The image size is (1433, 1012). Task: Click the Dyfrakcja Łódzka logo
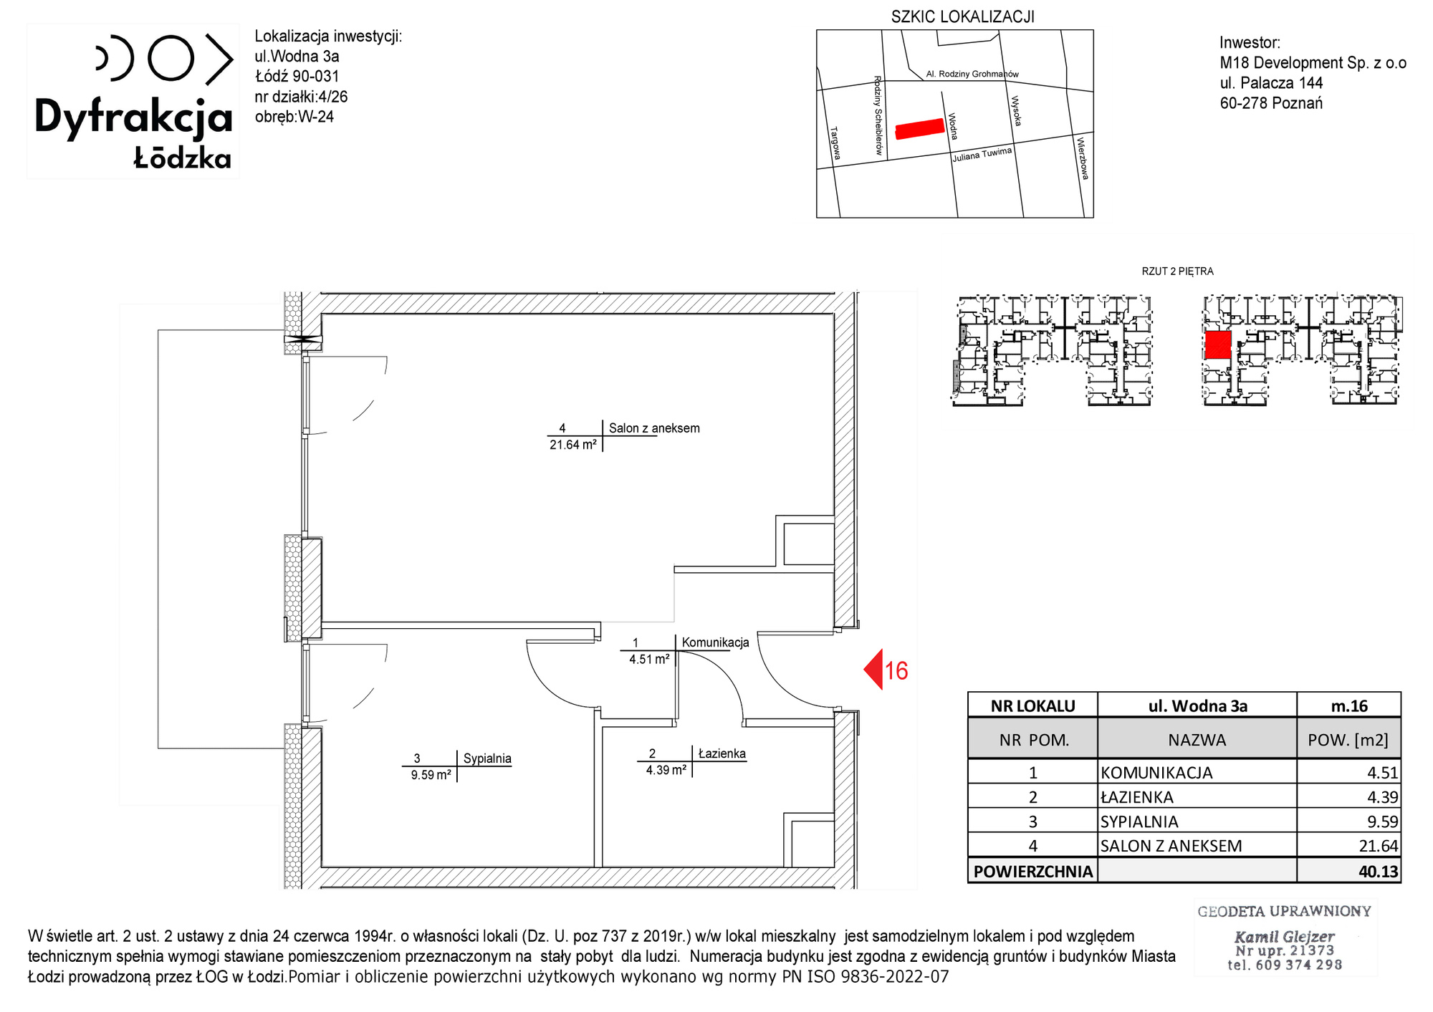click(x=134, y=101)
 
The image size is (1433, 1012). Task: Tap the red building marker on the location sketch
click(x=919, y=129)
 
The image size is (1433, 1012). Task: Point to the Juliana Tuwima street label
click(x=982, y=155)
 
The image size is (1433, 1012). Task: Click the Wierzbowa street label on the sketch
click(x=1083, y=158)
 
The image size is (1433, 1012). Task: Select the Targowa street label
click(x=835, y=143)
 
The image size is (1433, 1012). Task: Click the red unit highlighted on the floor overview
click(x=1217, y=344)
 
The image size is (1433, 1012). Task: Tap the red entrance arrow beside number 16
click(x=873, y=670)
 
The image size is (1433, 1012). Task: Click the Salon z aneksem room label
click(x=654, y=428)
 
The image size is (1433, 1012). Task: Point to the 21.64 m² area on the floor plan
click(x=573, y=445)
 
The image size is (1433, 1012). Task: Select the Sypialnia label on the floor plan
click(x=487, y=758)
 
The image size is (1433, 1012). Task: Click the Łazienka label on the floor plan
click(x=722, y=753)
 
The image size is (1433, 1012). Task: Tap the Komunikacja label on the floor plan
click(x=715, y=642)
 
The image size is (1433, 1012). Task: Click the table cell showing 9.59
click(x=1382, y=821)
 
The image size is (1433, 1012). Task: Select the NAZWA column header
click(x=1197, y=740)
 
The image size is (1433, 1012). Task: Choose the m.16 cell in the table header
click(x=1349, y=705)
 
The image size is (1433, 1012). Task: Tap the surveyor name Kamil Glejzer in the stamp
click(x=1284, y=936)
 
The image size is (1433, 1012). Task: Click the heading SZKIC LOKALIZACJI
click(x=962, y=16)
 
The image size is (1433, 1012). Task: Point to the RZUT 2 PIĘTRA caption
click(x=1177, y=271)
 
